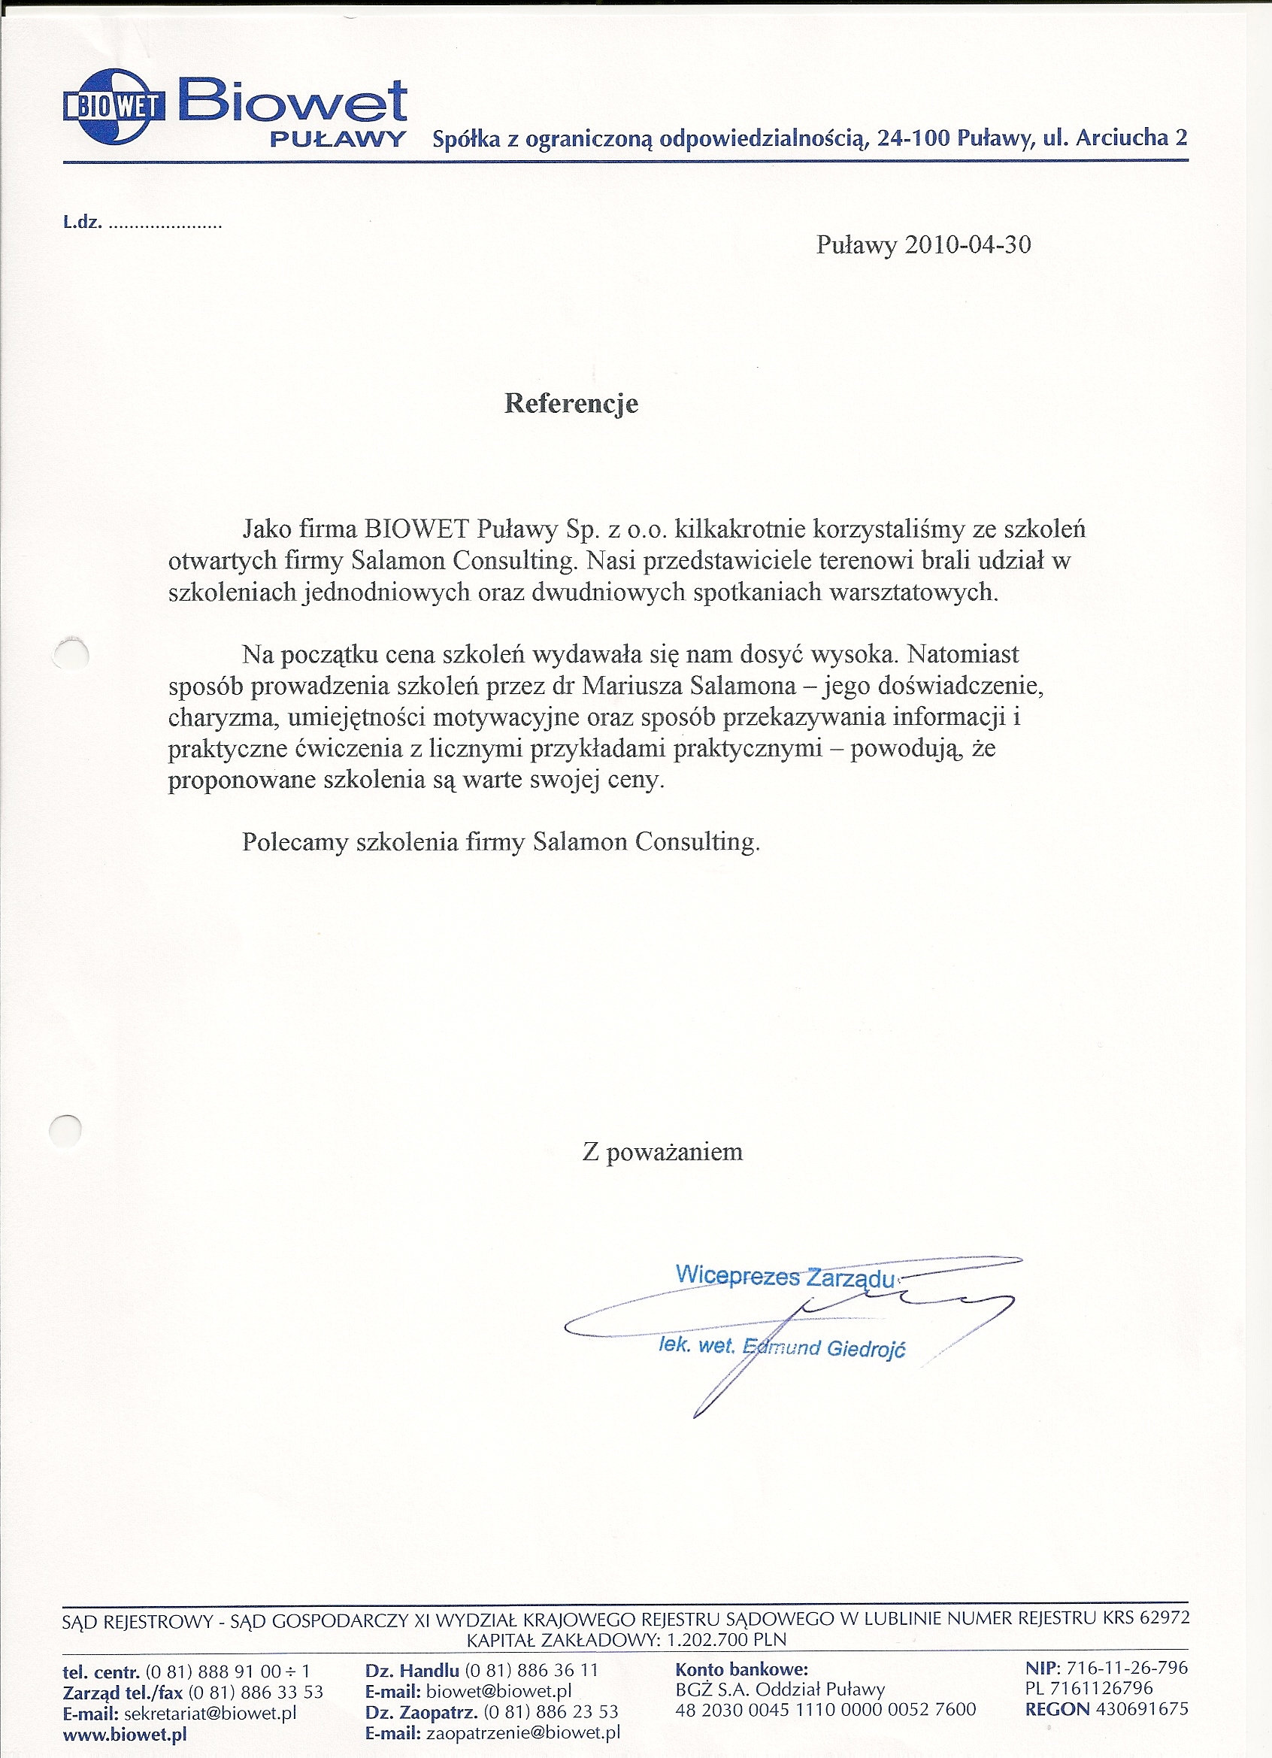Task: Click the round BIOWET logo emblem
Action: click(x=114, y=107)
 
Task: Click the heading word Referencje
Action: click(x=571, y=403)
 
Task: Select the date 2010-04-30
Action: click(x=968, y=245)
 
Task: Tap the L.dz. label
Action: click(x=82, y=223)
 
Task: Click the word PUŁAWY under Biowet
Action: click(x=338, y=140)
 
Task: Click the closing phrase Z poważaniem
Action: click(x=662, y=1152)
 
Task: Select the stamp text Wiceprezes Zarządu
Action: click(x=784, y=1275)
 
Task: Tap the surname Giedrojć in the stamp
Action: click(x=866, y=1350)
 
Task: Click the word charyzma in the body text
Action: click(x=221, y=717)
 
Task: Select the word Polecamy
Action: click(x=295, y=842)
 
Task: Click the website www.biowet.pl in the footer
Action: click(x=125, y=1735)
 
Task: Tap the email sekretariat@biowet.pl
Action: click(x=209, y=1714)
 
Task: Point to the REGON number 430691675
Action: click(x=1140, y=1709)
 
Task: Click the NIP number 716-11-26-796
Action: click(x=1126, y=1667)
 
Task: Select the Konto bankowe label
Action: click(x=741, y=1669)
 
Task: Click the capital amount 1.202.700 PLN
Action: click(x=726, y=1640)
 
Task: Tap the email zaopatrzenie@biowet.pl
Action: click(x=523, y=1733)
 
